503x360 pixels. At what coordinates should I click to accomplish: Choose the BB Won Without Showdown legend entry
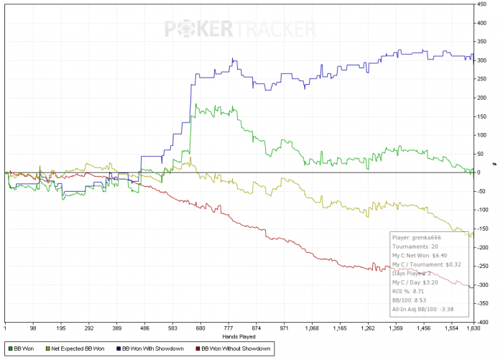pos(235,349)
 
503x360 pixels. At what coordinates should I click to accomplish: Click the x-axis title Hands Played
pos(239,336)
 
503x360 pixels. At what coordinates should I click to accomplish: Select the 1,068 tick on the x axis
pos(312,328)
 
